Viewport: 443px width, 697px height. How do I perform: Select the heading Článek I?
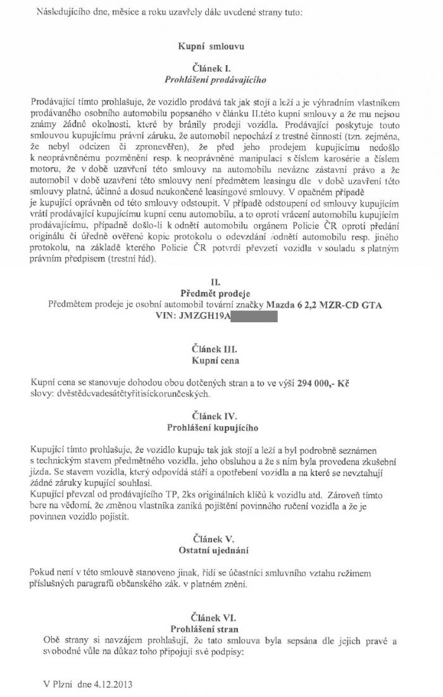pos(216,67)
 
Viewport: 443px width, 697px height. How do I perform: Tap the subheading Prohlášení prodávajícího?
pos(216,80)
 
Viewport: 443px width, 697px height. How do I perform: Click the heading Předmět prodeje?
pos(216,293)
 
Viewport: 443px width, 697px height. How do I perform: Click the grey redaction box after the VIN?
pos(254,316)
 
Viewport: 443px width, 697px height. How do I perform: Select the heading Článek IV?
pos(216,417)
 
